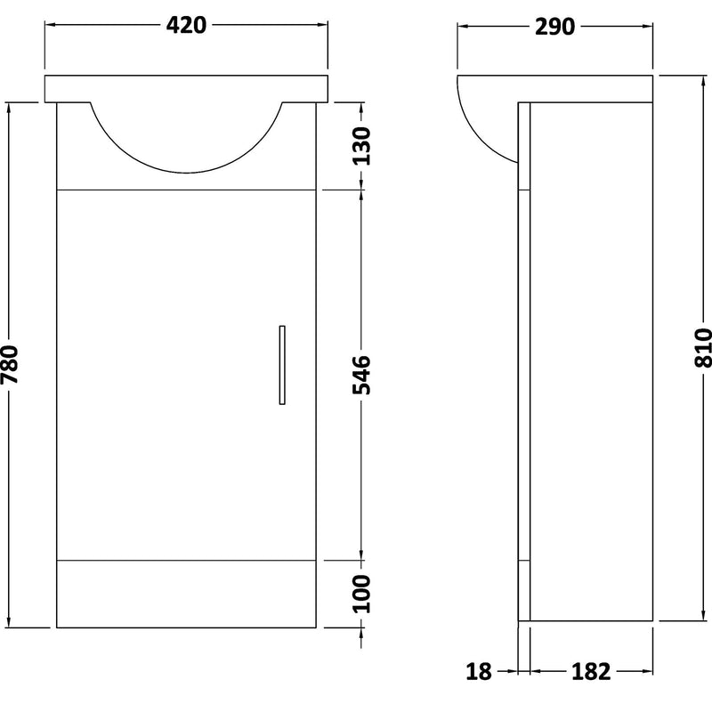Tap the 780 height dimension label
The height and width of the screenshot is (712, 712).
coord(11,365)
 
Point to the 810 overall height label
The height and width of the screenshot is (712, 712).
coord(702,348)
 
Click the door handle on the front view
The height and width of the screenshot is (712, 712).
coord(281,365)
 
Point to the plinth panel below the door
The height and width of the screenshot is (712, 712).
coord(187,593)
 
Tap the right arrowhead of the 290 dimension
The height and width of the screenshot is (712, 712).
coord(650,26)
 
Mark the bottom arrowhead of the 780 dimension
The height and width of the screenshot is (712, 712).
coord(11,622)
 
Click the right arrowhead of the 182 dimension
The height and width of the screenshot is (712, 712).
coord(651,671)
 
